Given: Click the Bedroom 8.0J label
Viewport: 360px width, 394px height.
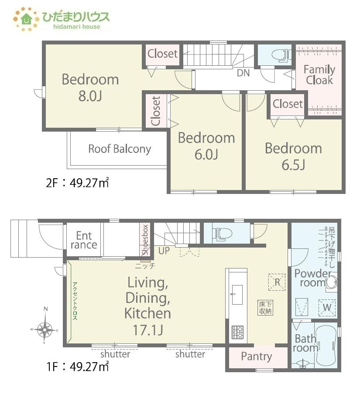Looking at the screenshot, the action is click(90, 88).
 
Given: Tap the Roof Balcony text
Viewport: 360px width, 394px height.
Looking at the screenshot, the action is click(120, 149).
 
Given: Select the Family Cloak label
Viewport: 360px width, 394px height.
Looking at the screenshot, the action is click(319, 75).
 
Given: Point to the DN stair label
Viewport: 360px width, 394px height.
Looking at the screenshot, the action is click(243, 73).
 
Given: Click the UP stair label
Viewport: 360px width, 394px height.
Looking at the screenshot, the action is click(164, 251).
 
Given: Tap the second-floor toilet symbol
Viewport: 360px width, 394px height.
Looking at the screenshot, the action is click(281, 55).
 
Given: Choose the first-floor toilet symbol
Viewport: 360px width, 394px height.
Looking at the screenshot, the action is click(222, 234).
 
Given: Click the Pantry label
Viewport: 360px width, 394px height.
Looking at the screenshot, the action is click(256, 357).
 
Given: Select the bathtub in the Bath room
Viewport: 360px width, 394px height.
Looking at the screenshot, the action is click(326, 346).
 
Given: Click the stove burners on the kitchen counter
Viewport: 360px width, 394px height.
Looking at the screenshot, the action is click(238, 332).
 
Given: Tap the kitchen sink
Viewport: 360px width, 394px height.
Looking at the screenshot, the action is click(237, 295).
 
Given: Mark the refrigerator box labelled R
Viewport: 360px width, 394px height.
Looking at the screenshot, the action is click(277, 282).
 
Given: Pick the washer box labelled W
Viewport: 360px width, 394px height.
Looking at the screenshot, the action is click(327, 308).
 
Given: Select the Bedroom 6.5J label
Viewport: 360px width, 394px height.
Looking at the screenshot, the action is click(293, 156).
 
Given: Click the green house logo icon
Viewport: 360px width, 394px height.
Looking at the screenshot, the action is click(27, 19).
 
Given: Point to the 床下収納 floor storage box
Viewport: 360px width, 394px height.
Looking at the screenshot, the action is click(265, 308).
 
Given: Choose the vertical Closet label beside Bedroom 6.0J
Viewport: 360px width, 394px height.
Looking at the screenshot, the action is click(156, 111).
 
